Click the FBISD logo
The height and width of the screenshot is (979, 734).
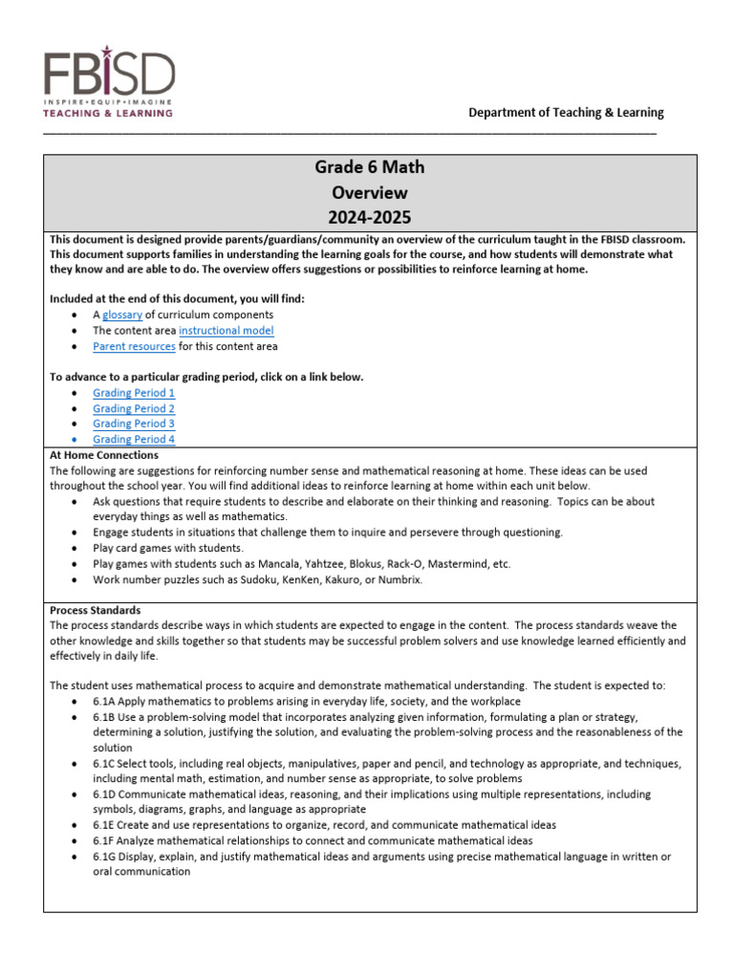pos(110,83)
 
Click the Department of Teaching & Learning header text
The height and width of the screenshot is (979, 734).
pos(566,112)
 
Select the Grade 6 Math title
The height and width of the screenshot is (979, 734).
pos(370,167)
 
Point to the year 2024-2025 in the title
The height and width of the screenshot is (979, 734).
pos(370,217)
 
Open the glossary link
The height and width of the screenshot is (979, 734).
pos(122,315)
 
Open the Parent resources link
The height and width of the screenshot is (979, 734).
pos(134,346)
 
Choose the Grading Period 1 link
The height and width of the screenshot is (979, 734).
pos(134,393)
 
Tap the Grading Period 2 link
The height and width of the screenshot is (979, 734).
pos(134,408)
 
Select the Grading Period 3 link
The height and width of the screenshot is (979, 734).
pos(134,424)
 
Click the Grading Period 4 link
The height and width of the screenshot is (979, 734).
pos(134,439)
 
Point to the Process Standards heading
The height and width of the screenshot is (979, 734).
pos(95,609)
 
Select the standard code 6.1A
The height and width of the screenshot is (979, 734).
pos(105,701)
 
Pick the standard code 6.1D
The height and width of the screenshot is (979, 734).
pos(105,794)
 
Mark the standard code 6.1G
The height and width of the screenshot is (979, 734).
pos(105,857)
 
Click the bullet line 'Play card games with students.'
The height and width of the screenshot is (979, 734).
pos(168,549)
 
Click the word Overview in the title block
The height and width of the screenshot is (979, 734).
pos(370,192)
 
